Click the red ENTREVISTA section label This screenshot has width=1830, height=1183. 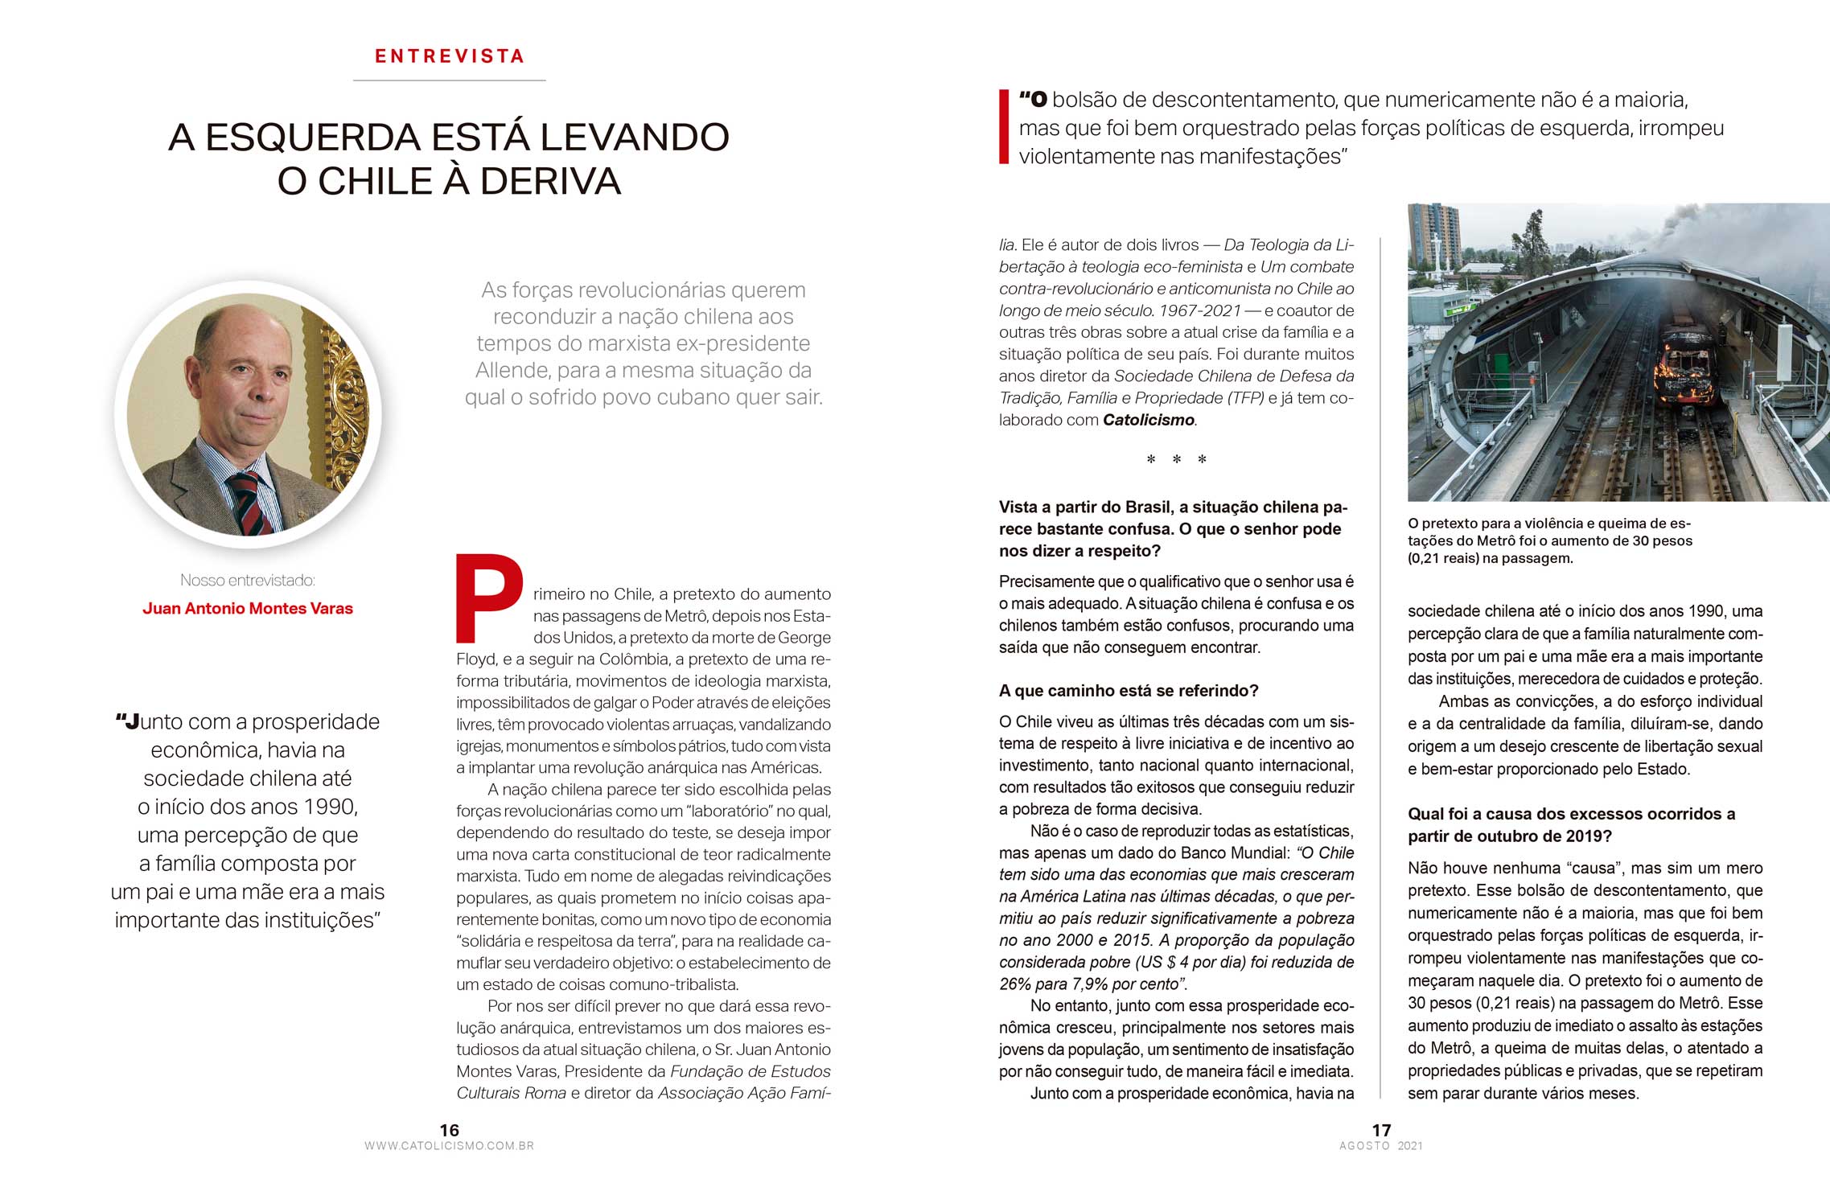coord(450,56)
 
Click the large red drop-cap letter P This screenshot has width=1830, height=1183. coord(487,598)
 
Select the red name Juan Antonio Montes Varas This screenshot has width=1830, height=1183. coord(248,609)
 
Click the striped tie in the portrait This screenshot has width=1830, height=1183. coord(253,503)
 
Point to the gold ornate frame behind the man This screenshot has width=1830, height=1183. coord(347,402)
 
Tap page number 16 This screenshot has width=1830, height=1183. coord(449,1130)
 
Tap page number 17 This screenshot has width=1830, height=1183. coord(1381,1130)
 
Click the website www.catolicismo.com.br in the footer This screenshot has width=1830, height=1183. coord(449,1146)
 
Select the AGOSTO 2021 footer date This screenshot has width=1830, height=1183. coord(1381,1146)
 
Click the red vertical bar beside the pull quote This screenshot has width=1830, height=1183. coord(1003,127)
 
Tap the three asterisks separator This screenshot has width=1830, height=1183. coord(1176,460)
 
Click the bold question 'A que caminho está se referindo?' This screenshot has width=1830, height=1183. coord(1129,691)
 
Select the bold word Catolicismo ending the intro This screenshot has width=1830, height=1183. coord(1148,420)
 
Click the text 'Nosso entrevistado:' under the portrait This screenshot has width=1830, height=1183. coord(248,580)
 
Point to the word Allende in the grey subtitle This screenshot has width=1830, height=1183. coord(512,371)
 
